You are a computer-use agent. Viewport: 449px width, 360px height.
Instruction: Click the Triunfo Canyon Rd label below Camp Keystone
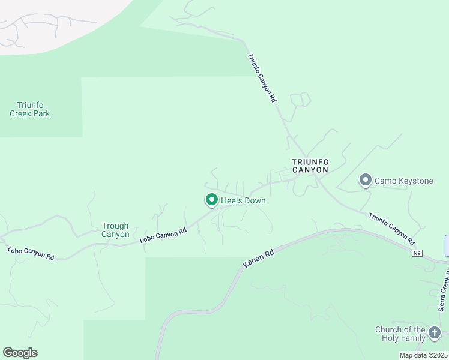point(391,229)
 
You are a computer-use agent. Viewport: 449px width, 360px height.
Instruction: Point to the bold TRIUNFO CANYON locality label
point(310,166)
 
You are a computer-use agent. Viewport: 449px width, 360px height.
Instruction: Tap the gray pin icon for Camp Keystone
point(365,179)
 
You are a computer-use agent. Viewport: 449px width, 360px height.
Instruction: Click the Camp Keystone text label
point(403,181)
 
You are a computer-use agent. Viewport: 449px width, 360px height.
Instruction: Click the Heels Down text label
point(243,200)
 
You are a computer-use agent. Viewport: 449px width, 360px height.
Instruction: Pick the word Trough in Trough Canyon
point(115,226)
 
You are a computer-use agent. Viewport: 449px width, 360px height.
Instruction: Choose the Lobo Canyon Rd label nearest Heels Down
point(163,235)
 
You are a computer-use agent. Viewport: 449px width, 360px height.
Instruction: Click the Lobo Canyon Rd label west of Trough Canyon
point(31,253)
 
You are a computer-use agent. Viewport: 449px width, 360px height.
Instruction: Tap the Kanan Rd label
point(259,259)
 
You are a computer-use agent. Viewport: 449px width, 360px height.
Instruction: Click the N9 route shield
point(417,253)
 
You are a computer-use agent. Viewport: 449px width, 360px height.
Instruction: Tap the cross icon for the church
point(435,331)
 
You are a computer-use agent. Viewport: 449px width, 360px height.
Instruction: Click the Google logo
point(20,353)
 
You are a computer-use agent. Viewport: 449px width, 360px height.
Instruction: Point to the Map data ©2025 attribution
point(423,355)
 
